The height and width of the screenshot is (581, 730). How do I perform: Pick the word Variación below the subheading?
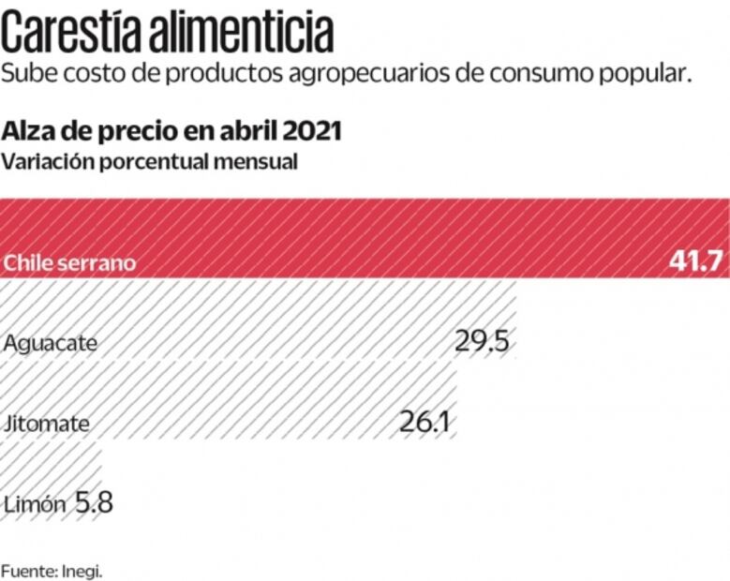(x=47, y=161)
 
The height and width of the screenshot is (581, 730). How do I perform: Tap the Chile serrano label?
(x=69, y=262)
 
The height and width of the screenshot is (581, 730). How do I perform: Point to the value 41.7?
(x=696, y=261)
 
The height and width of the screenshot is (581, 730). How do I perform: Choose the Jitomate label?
(x=47, y=423)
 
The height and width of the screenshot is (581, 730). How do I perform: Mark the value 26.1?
(x=425, y=422)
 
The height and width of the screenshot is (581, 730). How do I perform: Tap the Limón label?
(x=35, y=503)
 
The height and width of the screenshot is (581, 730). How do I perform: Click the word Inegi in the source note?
(x=82, y=569)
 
